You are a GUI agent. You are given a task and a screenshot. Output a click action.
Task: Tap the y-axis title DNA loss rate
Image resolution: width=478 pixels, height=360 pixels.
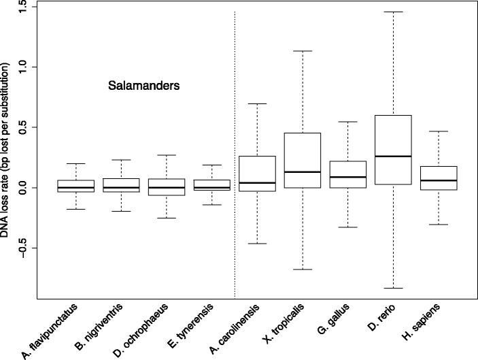[9, 150]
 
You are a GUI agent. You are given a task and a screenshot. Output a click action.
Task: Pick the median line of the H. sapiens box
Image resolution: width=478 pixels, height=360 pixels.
[439, 180]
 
